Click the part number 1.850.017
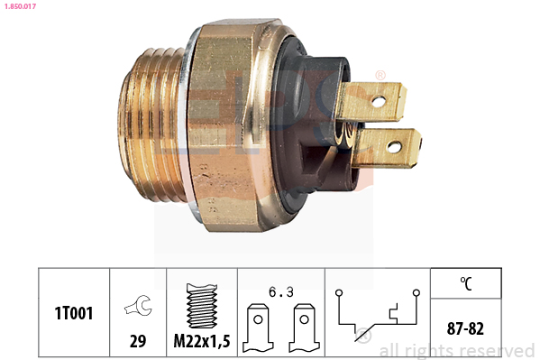click(x=20, y=8)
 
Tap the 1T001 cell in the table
click(x=73, y=312)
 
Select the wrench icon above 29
click(x=138, y=308)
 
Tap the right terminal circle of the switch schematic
click(x=416, y=293)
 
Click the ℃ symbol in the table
click(x=465, y=283)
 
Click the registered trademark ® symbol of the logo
click(x=380, y=73)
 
